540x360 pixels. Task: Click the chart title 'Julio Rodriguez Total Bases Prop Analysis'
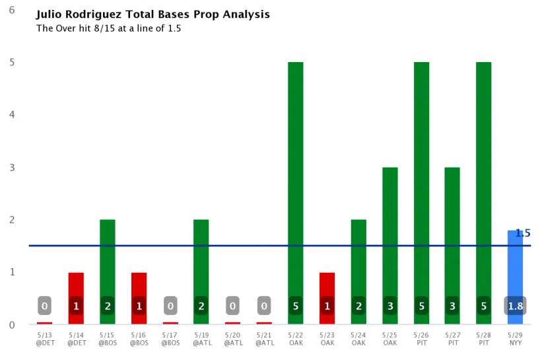(x=152, y=14)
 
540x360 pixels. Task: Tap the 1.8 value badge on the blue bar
(x=514, y=306)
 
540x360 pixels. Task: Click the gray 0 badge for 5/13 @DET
(x=44, y=306)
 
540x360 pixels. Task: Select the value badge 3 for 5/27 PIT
(x=452, y=306)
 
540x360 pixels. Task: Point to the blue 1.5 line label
(x=522, y=233)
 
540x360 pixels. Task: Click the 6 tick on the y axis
(x=12, y=10)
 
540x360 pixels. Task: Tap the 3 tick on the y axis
(x=12, y=167)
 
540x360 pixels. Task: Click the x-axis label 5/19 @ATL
(x=201, y=339)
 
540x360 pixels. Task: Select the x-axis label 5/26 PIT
(x=421, y=339)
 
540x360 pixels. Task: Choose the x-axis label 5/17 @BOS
(x=170, y=339)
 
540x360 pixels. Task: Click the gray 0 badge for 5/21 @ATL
(x=264, y=306)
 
